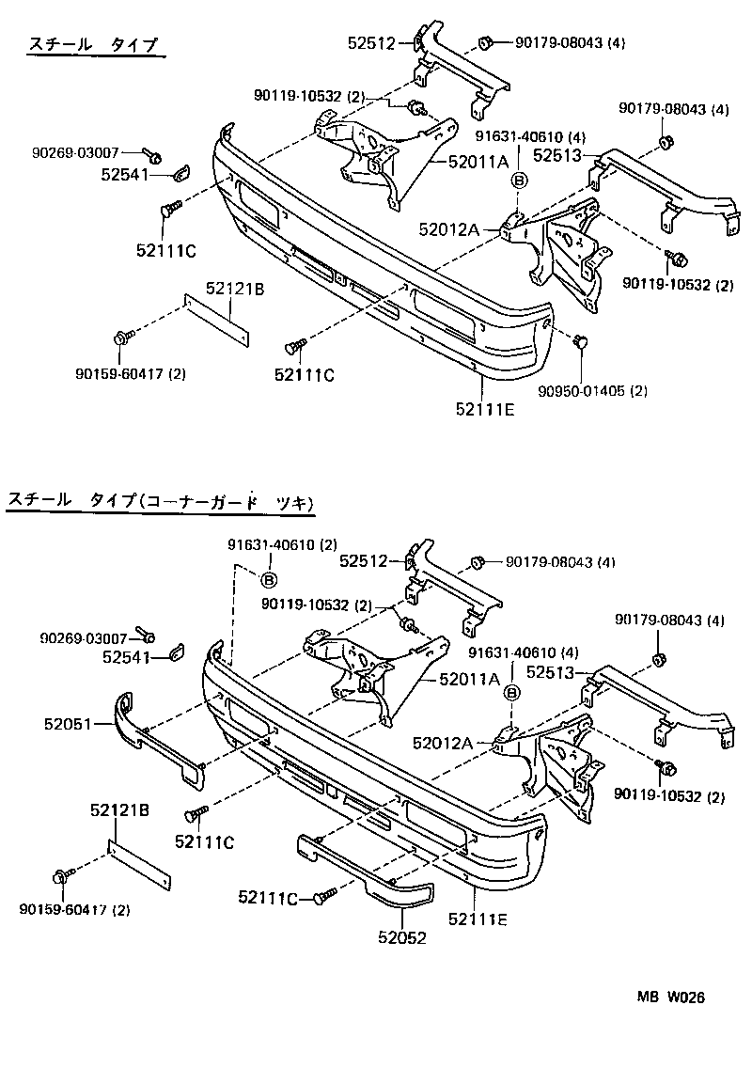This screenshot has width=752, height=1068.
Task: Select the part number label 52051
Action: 67,723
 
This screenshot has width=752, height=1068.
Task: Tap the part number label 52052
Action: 402,937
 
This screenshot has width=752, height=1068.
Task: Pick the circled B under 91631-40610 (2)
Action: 268,579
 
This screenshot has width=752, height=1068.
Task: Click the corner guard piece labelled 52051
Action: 155,742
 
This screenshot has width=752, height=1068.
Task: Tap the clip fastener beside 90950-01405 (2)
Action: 580,342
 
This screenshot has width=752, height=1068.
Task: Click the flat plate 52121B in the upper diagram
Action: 218,320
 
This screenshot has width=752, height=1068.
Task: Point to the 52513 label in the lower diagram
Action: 551,672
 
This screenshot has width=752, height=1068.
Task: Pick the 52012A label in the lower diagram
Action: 441,744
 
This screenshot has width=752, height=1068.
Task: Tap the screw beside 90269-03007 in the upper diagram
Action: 153,154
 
